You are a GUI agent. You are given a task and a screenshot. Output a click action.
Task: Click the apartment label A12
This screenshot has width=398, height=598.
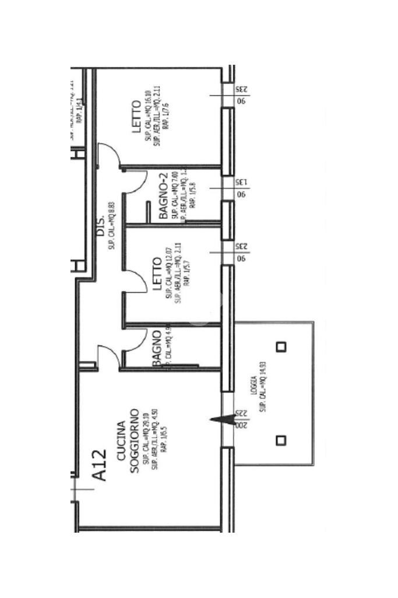click(100, 465)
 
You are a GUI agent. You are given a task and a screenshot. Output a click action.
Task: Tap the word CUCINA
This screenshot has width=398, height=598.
click(121, 441)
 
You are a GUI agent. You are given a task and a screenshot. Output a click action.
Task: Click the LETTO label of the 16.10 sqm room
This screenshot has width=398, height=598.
click(136, 117)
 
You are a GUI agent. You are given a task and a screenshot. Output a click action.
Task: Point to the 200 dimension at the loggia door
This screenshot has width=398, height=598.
click(241, 425)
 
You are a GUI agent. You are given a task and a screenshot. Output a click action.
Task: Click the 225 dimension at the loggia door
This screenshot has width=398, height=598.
click(241, 412)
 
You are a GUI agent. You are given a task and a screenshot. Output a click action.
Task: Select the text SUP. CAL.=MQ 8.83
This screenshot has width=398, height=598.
click(111, 228)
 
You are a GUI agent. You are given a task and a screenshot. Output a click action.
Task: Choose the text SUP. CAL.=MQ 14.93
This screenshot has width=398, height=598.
click(263, 386)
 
